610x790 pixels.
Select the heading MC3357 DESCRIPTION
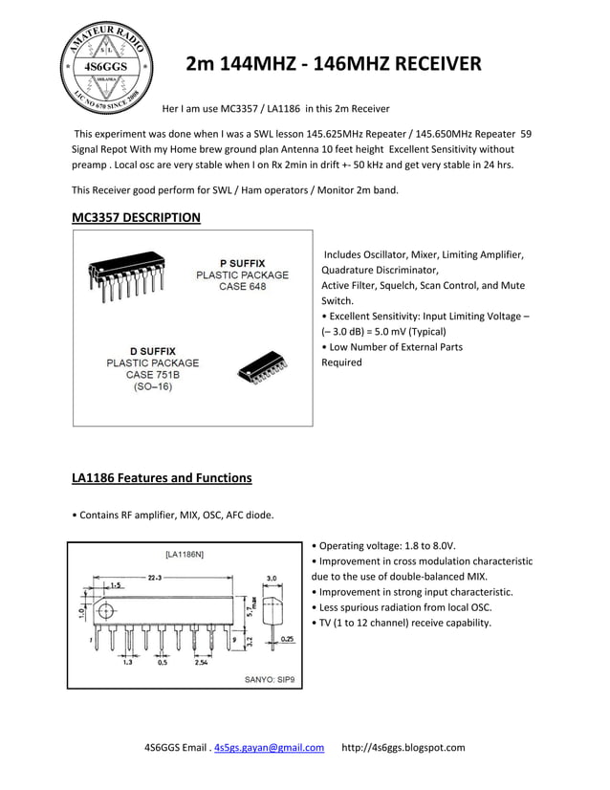(136, 217)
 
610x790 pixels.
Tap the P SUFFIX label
(242, 262)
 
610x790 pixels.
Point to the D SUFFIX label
(152, 351)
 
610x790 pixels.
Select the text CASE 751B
(152, 376)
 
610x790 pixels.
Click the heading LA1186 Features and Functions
(162, 477)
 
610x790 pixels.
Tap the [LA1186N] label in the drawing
(185, 554)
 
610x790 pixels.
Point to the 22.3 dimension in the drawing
(154, 578)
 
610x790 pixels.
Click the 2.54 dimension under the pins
(202, 662)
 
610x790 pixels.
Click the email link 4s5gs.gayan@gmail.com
(269, 748)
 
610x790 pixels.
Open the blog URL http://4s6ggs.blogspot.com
(403, 748)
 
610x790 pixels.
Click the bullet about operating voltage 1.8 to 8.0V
(387, 545)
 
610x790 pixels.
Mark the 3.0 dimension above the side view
(271, 578)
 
